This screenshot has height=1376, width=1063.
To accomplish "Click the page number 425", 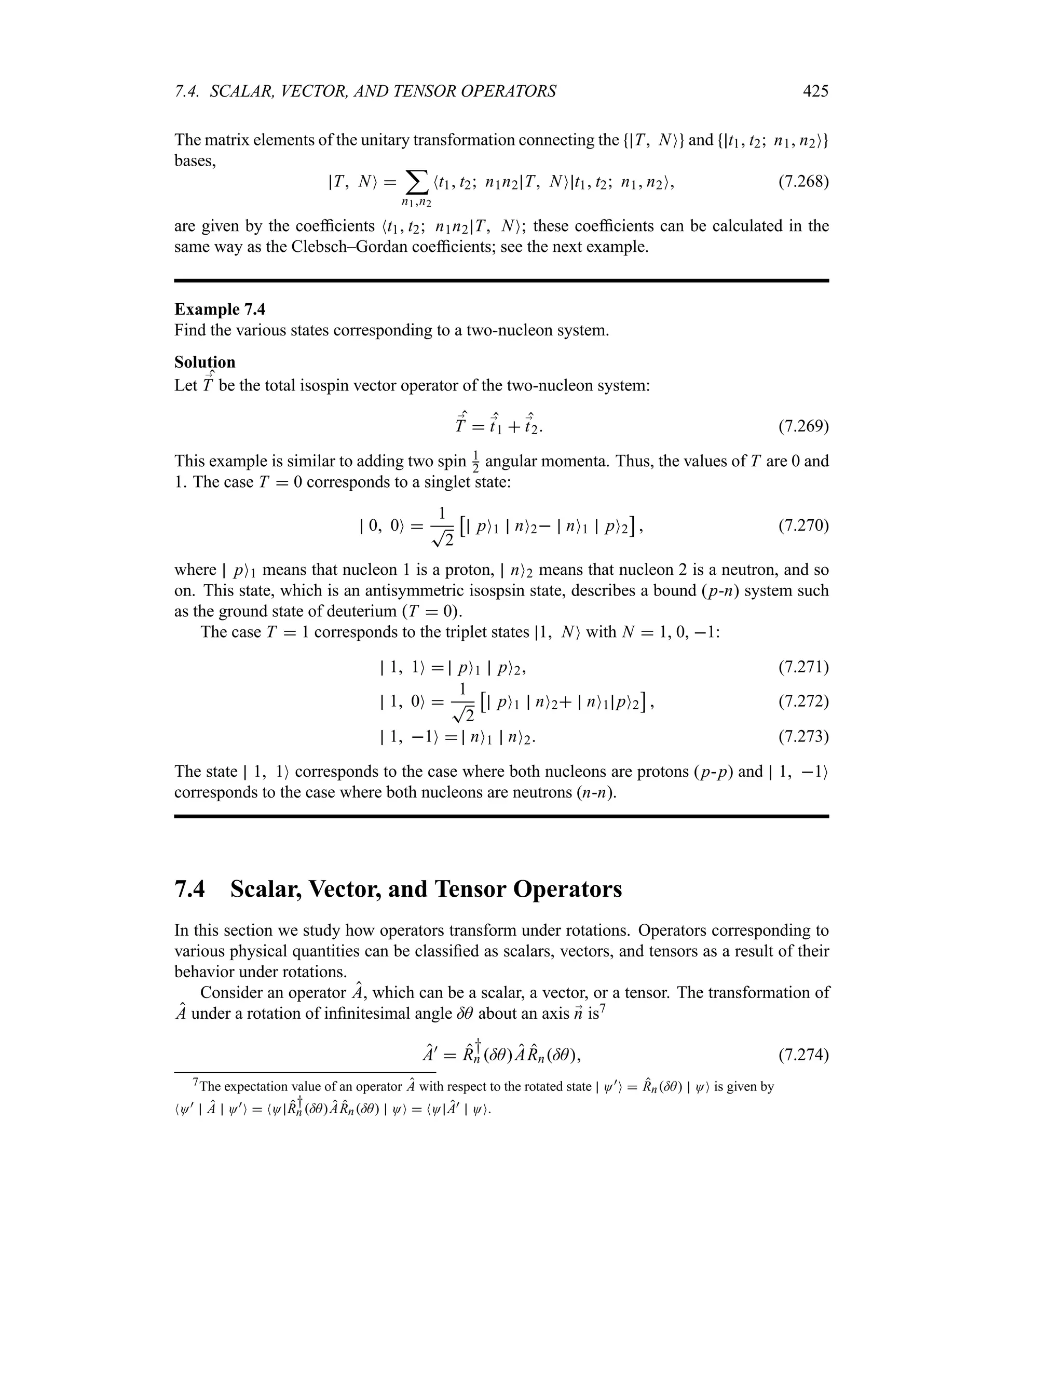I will [x=815, y=91].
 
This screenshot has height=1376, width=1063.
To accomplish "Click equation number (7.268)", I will [x=803, y=182].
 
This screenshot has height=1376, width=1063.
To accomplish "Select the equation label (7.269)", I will [x=803, y=426].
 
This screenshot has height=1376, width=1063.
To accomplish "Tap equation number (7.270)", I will [x=803, y=525].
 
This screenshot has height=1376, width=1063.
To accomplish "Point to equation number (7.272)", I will [x=803, y=701].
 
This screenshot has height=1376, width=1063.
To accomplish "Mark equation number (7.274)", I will [x=803, y=1055].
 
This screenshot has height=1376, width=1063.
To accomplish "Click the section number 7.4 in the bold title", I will [x=189, y=889].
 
